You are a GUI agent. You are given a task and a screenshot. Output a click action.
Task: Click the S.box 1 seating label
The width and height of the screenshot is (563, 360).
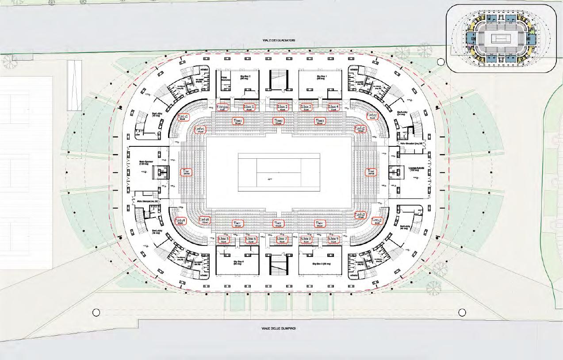[246, 107]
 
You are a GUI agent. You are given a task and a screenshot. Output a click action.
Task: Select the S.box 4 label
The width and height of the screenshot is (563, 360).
[333, 107]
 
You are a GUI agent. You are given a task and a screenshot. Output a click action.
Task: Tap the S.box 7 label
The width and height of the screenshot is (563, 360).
[282, 240]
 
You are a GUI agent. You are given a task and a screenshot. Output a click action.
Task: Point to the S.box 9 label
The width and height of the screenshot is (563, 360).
[333, 240]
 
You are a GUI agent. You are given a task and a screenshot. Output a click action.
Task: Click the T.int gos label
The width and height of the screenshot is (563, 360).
[222, 107]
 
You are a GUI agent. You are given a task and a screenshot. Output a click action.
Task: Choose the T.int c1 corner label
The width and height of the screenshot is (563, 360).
[183, 118]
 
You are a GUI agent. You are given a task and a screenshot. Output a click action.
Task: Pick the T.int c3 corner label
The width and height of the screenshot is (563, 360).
[377, 221]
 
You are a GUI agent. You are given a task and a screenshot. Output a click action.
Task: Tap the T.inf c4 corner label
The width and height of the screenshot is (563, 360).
[204, 220]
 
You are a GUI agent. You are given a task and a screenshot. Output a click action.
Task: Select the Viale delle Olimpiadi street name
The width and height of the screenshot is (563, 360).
[279, 329]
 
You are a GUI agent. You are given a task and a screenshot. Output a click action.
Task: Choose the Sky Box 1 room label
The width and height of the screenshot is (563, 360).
[321, 77]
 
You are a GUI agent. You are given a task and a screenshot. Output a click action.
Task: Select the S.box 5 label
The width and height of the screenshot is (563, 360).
[224, 240]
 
